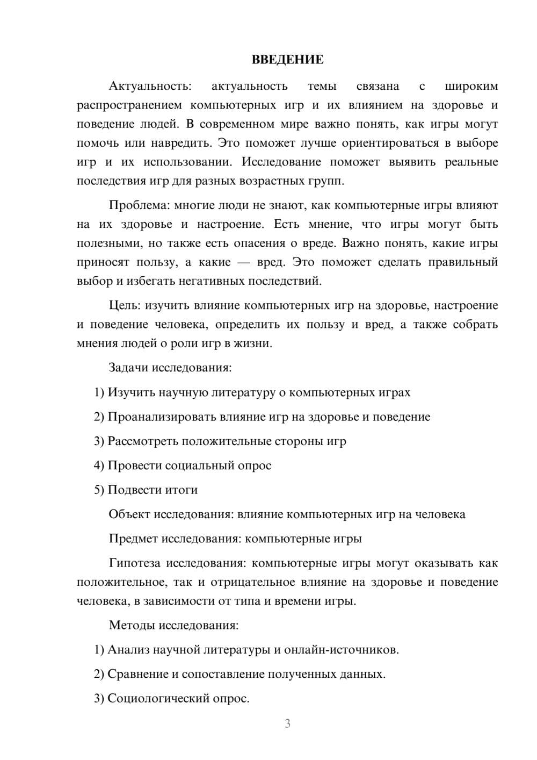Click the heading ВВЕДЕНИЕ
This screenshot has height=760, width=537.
287,60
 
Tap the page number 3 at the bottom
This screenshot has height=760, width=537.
287,723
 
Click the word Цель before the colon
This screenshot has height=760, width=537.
124,306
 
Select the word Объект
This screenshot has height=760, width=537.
129,514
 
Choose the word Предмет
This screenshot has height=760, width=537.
134,539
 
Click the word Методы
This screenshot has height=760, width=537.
128,625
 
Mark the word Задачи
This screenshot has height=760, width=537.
128,368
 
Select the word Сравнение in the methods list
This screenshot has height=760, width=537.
137,674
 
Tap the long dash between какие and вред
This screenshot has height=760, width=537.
249,262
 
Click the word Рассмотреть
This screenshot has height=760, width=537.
143,441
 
